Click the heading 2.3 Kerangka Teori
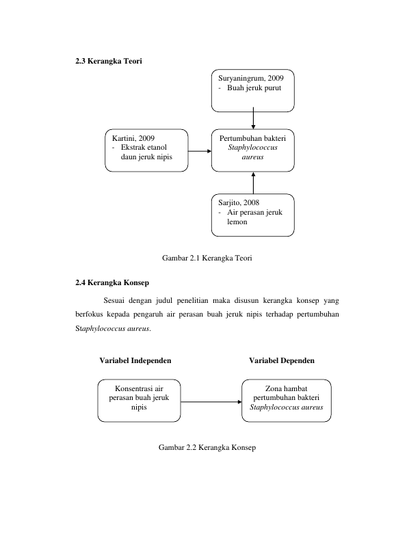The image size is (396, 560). point(109,61)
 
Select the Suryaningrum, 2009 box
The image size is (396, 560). point(253,91)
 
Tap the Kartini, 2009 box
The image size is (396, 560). point(146,150)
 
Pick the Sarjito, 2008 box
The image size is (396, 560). point(253,215)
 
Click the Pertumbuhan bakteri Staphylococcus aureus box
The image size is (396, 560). point(253,150)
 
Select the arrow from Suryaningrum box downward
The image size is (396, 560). point(253,118)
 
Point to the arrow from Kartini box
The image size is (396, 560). point(200,151)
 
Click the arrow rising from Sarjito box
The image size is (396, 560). point(253,183)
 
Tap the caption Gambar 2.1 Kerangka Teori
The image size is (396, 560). point(207,258)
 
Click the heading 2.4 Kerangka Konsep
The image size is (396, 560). point(112,282)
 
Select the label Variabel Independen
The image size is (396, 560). point(135,360)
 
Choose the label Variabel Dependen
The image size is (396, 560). point(282,360)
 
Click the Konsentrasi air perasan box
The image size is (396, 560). point(139,401)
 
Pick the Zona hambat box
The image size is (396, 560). point(287,401)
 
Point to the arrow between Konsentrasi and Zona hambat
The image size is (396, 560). point(211,402)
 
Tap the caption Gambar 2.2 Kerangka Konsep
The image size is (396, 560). point(207,447)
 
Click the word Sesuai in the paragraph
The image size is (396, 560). point(114,300)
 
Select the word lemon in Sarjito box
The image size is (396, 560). point(237,222)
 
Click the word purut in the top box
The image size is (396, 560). point(273,88)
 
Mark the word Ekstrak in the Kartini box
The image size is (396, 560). point(133,147)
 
